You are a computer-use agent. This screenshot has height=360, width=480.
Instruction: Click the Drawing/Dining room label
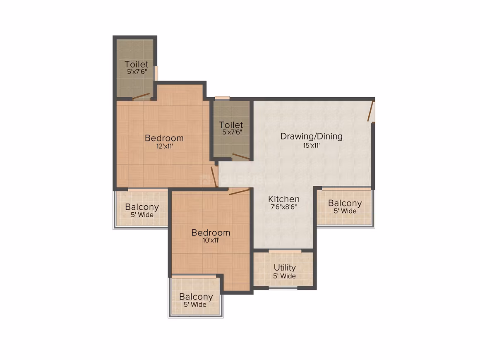311,137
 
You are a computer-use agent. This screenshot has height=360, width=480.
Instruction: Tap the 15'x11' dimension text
311,145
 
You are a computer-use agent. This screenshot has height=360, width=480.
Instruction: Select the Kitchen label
284,199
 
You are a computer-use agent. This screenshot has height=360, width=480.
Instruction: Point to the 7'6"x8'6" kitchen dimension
284,207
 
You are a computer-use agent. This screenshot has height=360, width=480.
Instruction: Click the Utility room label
285,268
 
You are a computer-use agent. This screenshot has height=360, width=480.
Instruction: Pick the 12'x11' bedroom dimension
165,146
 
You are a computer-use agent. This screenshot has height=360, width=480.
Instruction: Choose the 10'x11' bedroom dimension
211,240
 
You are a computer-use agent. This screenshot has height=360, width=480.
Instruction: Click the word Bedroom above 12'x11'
164,138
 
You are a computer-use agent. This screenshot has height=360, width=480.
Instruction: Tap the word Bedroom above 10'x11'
211,233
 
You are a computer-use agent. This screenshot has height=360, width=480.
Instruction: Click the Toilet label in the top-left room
137,64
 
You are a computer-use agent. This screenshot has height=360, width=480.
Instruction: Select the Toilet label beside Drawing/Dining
231,125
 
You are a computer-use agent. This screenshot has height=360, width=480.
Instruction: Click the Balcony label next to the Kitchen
345,203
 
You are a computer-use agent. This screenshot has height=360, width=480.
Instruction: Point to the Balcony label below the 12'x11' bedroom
142,207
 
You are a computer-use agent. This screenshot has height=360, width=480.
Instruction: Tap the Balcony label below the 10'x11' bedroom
196,297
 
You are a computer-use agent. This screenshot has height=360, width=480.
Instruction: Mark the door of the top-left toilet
142,96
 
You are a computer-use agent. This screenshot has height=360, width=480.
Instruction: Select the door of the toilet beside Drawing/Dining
240,156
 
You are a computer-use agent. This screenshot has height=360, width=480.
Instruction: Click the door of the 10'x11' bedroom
239,192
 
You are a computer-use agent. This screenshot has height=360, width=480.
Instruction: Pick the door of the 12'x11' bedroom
214,177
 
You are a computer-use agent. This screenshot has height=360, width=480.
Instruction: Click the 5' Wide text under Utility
284,276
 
